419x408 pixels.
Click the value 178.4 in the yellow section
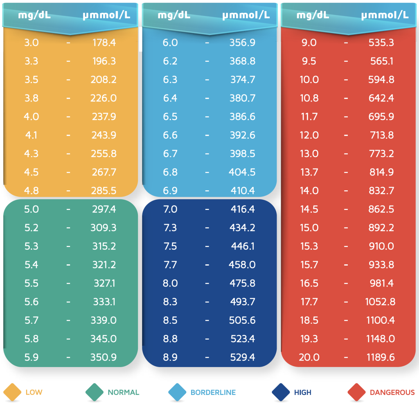(x=104, y=43)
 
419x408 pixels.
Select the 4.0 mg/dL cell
(x=32, y=117)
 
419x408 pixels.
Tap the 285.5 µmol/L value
(x=104, y=191)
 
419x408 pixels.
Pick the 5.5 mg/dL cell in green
(x=32, y=283)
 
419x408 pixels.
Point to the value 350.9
(x=104, y=357)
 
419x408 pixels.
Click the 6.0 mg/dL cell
(x=170, y=43)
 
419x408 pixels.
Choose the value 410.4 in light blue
(x=242, y=191)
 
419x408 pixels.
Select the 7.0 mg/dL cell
(x=170, y=209)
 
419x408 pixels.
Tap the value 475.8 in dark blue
(x=242, y=283)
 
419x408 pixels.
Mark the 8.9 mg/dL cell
(x=170, y=357)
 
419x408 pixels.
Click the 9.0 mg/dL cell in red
(x=309, y=43)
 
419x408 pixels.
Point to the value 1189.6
(x=380, y=357)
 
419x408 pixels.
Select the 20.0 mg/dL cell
(x=309, y=357)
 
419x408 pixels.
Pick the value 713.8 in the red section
(x=381, y=135)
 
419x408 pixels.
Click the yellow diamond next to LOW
(x=12, y=392)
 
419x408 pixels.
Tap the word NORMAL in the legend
(x=124, y=392)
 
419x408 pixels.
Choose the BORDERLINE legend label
(x=213, y=392)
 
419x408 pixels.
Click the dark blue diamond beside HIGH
(x=281, y=392)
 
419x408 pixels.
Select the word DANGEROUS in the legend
(x=392, y=392)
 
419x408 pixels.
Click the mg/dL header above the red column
(x=313, y=15)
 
